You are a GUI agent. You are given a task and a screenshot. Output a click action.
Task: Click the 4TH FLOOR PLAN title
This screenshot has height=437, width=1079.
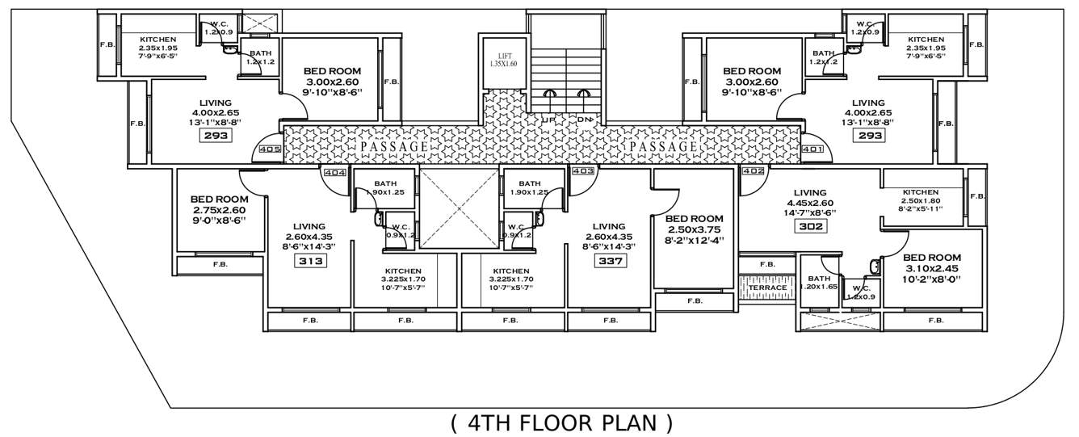[561, 422]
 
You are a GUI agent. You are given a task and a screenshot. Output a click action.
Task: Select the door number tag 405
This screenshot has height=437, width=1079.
[271, 149]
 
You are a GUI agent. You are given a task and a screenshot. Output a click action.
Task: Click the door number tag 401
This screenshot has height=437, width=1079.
[812, 149]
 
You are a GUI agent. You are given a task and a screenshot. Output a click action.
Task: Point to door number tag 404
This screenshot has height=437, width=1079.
[334, 172]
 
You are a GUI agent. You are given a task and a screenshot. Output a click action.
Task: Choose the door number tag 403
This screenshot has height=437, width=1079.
[582, 171]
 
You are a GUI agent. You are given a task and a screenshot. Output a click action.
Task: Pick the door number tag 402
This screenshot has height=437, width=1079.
[753, 171]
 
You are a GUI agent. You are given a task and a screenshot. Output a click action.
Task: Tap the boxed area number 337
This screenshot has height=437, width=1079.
[608, 261]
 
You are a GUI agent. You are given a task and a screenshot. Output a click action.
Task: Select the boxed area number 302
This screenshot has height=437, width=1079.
[812, 227]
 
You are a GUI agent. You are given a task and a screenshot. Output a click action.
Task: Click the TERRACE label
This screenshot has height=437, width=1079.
[767, 288]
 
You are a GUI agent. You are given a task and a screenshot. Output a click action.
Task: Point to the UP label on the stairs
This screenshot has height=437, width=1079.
[548, 120]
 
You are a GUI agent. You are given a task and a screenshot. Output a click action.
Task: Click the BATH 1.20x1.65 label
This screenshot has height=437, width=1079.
[820, 282]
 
